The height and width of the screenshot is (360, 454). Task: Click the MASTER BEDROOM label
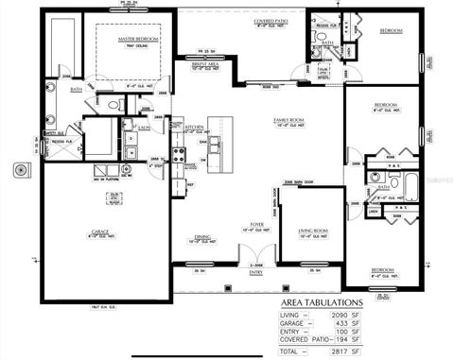click(x=138, y=39)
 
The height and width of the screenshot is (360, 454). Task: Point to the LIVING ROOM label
click(x=311, y=230)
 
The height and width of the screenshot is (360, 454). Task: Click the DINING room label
click(x=202, y=236)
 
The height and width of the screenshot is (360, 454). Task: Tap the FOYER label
click(x=255, y=224)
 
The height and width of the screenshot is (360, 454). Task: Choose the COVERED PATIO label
click(x=271, y=19)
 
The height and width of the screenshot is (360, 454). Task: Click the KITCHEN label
click(x=195, y=126)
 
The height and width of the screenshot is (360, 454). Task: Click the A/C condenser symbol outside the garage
click(x=19, y=170)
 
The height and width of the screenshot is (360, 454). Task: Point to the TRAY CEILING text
click(x=138, y=45)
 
